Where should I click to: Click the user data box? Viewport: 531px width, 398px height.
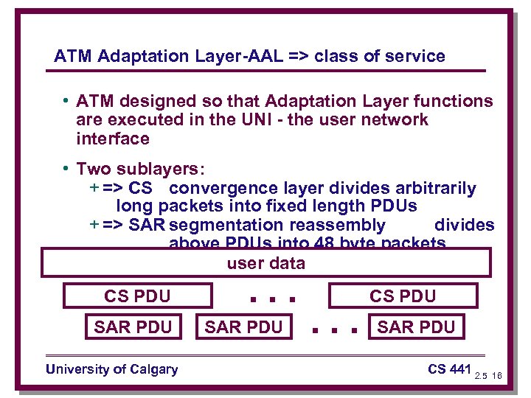[x=265, y=262]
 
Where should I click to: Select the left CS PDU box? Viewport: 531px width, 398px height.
[x=137, y=296]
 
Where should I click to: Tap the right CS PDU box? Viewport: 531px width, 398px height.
[x=403, y=296]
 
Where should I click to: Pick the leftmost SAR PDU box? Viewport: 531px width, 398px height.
[x=133, y=327]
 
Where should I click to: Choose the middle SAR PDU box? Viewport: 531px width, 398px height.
[x=243, y=327]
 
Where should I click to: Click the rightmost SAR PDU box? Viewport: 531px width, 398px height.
[x=416, y=327]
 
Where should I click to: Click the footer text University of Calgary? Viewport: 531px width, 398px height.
[x=111, y=369]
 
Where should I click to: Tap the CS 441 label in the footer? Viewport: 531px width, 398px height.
[x=448, y=369]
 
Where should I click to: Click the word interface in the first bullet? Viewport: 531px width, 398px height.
[x=112, y=139]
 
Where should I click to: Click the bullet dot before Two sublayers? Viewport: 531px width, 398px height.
[x=66, y=169]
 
